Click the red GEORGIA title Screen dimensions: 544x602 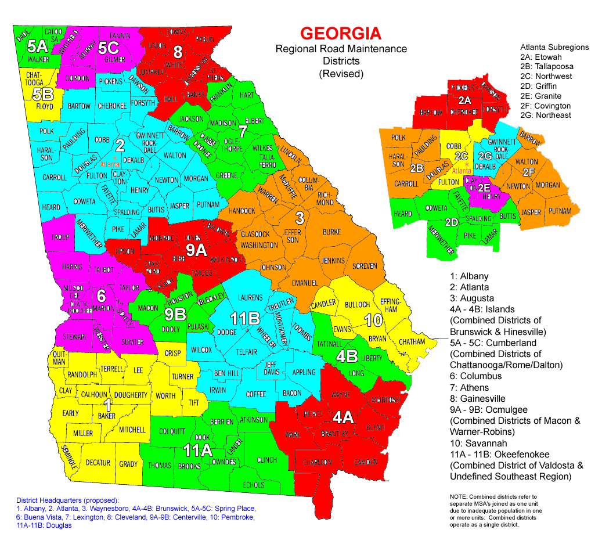tap(341, 33)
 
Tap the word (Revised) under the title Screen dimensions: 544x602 tap(341, 74)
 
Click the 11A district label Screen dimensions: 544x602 tap(198, 450)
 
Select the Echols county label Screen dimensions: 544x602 tap(254, 485)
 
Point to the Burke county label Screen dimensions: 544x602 tap(331, 232)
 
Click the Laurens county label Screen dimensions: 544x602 tap(250, 298)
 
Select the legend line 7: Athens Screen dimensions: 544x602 tap(470, 387)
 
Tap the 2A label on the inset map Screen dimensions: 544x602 tap(464, 100)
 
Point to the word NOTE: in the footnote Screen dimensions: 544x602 tap(461, 497)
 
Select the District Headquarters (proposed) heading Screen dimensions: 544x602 tap(67, 500)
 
